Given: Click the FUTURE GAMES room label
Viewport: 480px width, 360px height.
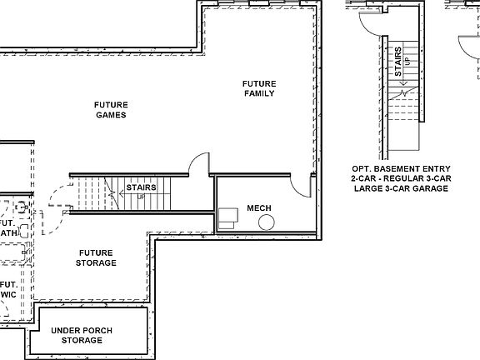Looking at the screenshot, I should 110,109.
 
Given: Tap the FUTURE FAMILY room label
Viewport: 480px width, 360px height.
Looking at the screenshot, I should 259,88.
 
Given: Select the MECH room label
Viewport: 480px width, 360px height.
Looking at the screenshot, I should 260,207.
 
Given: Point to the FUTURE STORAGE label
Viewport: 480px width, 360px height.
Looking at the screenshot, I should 97,257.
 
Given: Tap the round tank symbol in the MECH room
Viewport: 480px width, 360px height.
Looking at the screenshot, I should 267,222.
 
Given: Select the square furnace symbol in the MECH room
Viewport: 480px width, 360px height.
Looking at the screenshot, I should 227,218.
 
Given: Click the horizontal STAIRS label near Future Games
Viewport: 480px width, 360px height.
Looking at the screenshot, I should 141,188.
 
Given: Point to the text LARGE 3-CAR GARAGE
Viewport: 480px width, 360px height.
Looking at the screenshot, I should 400,189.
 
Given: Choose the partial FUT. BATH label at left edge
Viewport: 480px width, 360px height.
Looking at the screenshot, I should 7,228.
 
